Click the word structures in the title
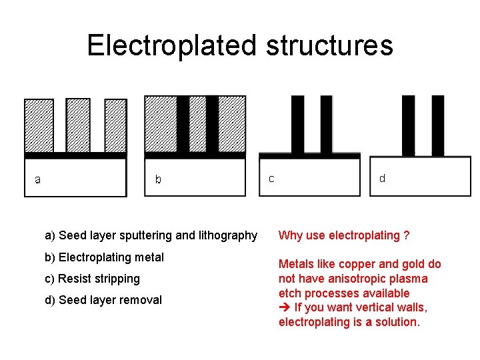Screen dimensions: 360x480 [329, 45]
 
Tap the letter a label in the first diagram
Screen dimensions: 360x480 [38, 179]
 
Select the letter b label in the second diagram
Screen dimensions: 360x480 [158, 179]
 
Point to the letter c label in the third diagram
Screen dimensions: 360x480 [271, 179]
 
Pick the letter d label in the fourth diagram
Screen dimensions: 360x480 [382, 178]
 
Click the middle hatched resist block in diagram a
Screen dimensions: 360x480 [78, 125]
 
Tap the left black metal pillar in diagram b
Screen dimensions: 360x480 [183, 125]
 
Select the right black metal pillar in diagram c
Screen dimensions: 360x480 [326, 125]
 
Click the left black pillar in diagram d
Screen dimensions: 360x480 [409, 125]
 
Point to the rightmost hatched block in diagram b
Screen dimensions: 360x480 [232, 125]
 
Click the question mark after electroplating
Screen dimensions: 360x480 [406, 235]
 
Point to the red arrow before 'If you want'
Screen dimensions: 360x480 [284, 307]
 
